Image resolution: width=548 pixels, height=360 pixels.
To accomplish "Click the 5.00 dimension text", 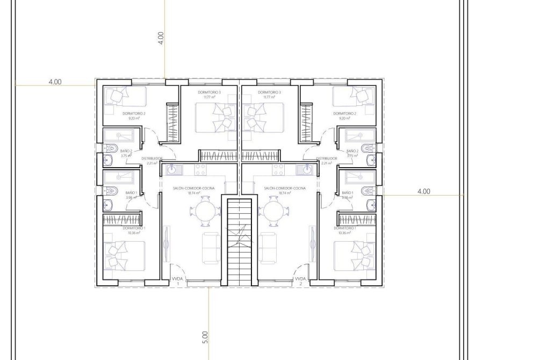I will (x=204, y=337).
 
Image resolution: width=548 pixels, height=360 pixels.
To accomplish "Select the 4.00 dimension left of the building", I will (x=55, y=82).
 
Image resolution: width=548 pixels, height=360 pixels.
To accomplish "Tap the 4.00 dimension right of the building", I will (x=423, y=191).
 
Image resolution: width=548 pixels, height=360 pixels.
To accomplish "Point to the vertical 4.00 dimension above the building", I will (x=161, y=38).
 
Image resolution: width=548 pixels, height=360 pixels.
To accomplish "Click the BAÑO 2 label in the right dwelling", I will (x=352, y=151).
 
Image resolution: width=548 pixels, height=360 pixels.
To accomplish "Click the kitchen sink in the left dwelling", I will (x=172, y=170).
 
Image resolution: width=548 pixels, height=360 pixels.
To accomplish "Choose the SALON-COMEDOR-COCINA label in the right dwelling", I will (x=285, y=188).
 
